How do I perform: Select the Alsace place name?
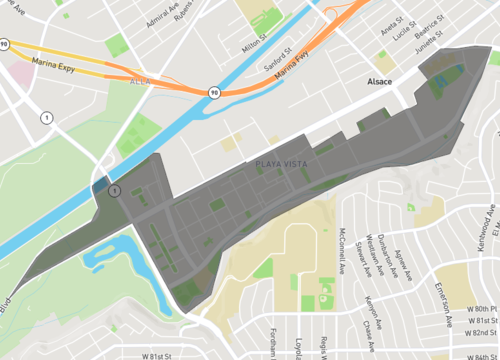point(381,79)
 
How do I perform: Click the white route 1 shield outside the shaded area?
point(46,118)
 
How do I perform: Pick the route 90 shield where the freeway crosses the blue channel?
point(213,92)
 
